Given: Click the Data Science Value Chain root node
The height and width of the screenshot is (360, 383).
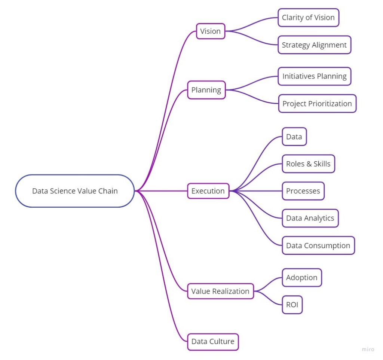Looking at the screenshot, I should [75, 191].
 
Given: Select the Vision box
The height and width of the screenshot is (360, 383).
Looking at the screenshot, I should [210, 31].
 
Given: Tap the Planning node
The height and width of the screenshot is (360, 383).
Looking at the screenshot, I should [206, 90].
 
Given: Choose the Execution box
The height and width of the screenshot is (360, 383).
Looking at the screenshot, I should [208, 191].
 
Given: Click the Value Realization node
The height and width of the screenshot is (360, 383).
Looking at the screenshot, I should [220, 291].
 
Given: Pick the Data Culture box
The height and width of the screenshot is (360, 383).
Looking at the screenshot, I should [212, 341].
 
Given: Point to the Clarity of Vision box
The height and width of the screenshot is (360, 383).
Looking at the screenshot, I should [308, 18].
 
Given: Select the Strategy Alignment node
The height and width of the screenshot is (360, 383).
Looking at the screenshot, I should [314, 45].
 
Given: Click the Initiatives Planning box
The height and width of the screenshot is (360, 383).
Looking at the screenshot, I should [314, 76].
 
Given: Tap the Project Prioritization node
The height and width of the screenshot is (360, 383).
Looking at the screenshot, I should [317, 104].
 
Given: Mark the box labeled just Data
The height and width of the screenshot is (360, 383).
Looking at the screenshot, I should [294, 137].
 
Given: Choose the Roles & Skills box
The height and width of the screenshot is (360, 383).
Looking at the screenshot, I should [308, 164].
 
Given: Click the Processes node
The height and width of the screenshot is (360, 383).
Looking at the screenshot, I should [303, 191].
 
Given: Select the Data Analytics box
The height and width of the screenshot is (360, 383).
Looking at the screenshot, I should [310, 218].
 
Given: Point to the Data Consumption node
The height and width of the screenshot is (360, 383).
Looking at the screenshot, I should [318, 245].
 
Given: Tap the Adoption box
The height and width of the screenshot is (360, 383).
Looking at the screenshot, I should [301, 278].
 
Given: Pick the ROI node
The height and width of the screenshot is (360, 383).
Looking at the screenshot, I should [292, 305].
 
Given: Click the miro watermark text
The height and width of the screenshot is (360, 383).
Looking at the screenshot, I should [368, 349].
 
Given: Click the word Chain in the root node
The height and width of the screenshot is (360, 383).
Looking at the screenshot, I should [108, 191].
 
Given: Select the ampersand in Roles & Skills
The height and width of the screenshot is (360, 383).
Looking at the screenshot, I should [309, 164].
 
